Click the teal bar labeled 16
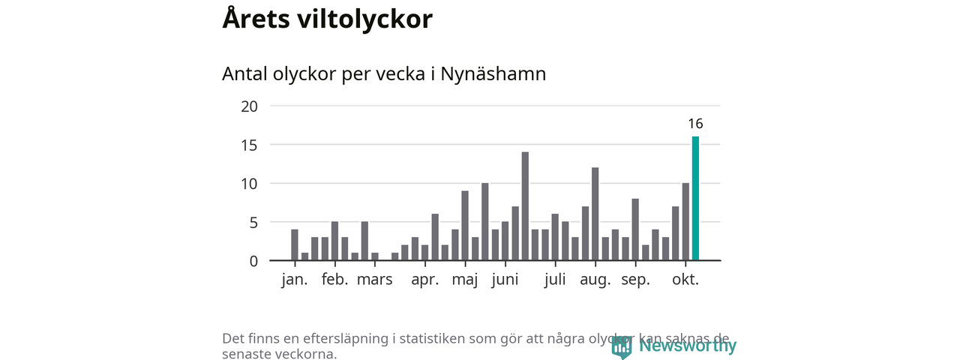coord(695,199)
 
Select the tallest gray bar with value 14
coord(525,206)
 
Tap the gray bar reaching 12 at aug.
coord(595,214)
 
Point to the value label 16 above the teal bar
coord(695,124)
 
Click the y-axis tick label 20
coord(249,106)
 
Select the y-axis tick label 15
coord(249,145)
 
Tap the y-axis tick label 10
coord(249,184)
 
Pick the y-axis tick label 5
coord(253,223)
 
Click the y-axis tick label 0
coord(253,261)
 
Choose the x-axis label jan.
coord(295,280)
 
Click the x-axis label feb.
coord(334,280)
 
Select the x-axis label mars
coord(374,280)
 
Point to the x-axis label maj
coord(465,281)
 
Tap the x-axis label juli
coord(555,280)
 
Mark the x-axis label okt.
coord(685,280)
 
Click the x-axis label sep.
coord(635,281)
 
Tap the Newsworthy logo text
coord(687,346)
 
